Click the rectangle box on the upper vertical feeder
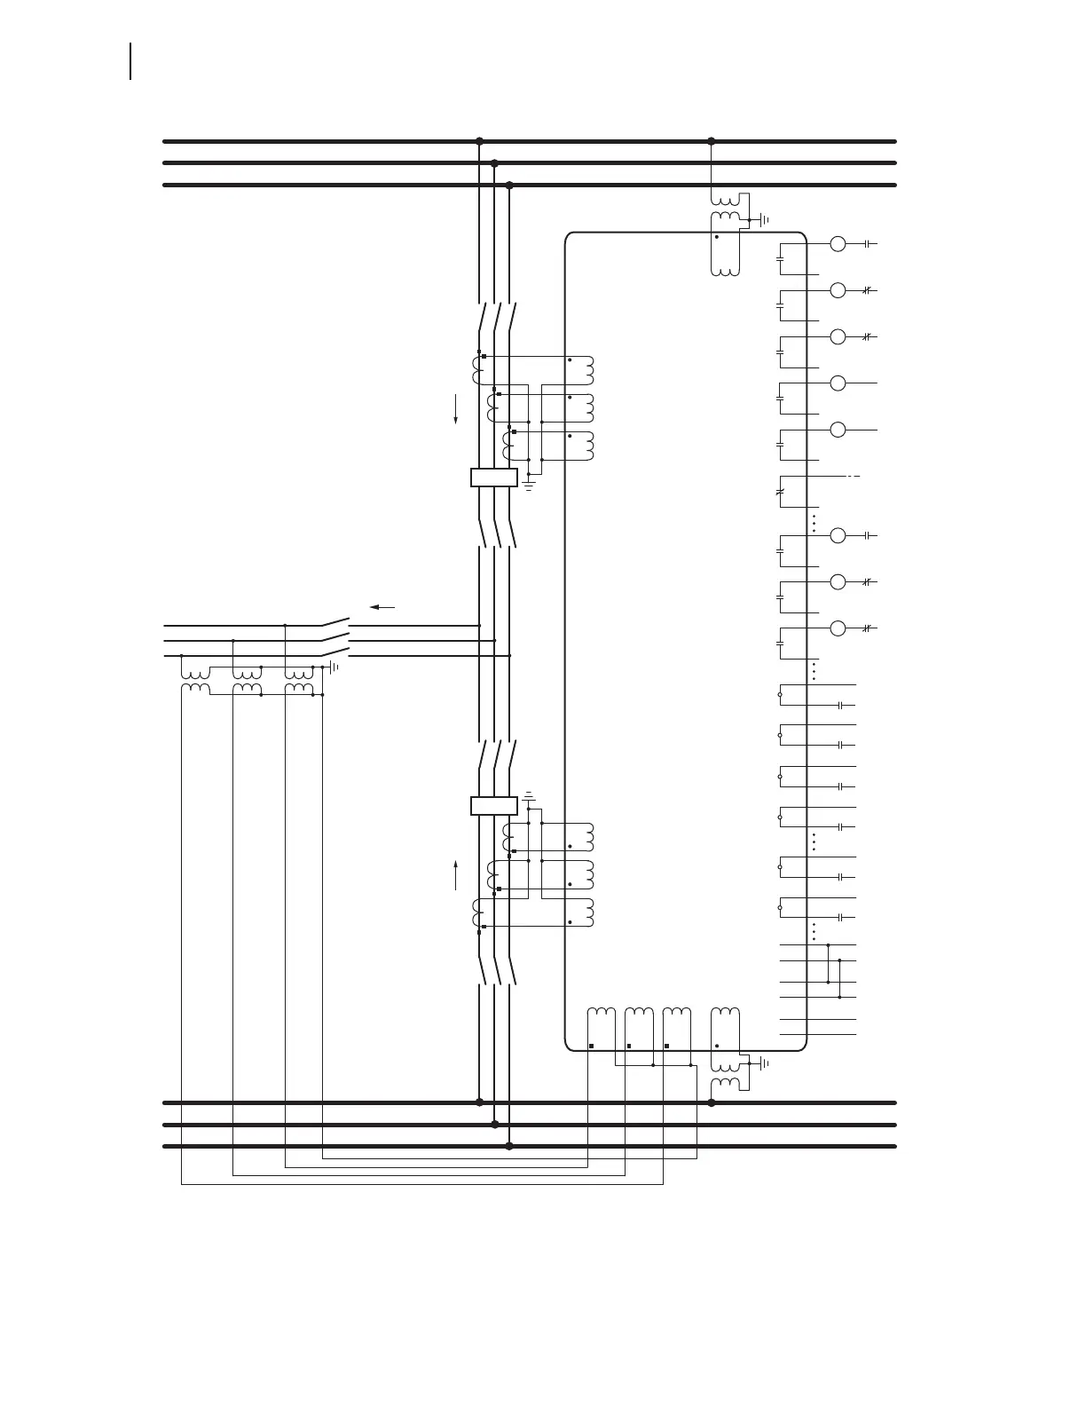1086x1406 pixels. point(493,478)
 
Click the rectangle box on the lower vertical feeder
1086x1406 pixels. point(493,806)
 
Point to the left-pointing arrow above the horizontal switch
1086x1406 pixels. point(382,607)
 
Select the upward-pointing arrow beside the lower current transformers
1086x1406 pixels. point(456,874)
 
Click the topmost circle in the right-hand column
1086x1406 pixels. point(838,244)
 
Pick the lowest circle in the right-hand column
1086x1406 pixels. point(838,628)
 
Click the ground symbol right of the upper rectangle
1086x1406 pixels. point(529,486)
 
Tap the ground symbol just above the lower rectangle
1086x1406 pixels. point(529,795)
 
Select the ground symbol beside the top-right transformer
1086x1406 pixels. point(762,219)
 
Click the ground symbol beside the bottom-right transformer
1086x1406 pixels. point(762,1063)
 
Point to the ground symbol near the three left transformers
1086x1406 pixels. point(334,667)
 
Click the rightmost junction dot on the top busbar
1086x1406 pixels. point(711,141)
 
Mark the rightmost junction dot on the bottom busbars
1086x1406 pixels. point(711,1102)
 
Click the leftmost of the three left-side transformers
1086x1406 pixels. point(195,678)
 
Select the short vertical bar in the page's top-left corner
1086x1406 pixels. point(131,61)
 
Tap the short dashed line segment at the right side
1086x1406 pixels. point(854,477)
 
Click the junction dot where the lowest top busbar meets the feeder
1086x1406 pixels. point(509,186)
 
